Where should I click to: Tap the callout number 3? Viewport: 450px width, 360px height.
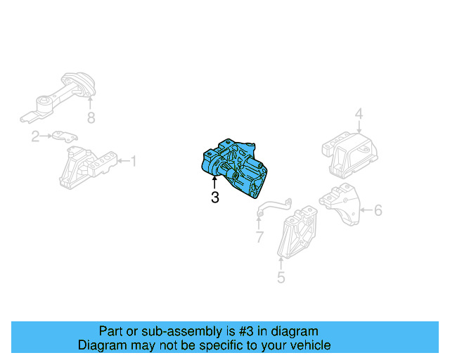tap(215, 198)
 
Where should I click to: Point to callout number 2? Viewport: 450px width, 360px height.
tap(35, 136)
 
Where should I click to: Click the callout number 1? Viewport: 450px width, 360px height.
tap(133, 162)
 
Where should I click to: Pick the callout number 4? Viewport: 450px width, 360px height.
tap(359, 114)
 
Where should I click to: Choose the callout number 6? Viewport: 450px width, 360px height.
tap(378, 210)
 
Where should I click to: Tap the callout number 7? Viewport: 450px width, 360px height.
tap(259, 238)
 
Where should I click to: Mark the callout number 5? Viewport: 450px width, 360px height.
tap(281, 278)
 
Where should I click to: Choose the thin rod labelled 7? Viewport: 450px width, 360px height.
tap(274, 205)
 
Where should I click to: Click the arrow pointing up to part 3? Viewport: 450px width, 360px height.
tap(214, 184)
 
